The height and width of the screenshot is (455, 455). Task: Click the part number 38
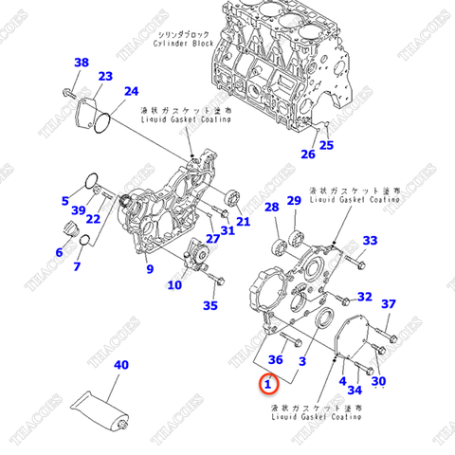(82, 64)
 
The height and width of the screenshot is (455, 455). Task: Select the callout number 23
(105, 77)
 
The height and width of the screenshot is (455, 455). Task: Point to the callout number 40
(121, 364)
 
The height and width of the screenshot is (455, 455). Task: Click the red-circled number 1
(269, 384)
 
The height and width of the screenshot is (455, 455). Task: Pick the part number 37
(388, 303)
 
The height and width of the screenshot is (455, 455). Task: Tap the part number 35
(210, 305)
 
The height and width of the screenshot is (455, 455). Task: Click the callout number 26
(307, 155)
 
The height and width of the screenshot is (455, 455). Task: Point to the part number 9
(149, 270)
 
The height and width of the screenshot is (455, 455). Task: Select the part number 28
(271, 207)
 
